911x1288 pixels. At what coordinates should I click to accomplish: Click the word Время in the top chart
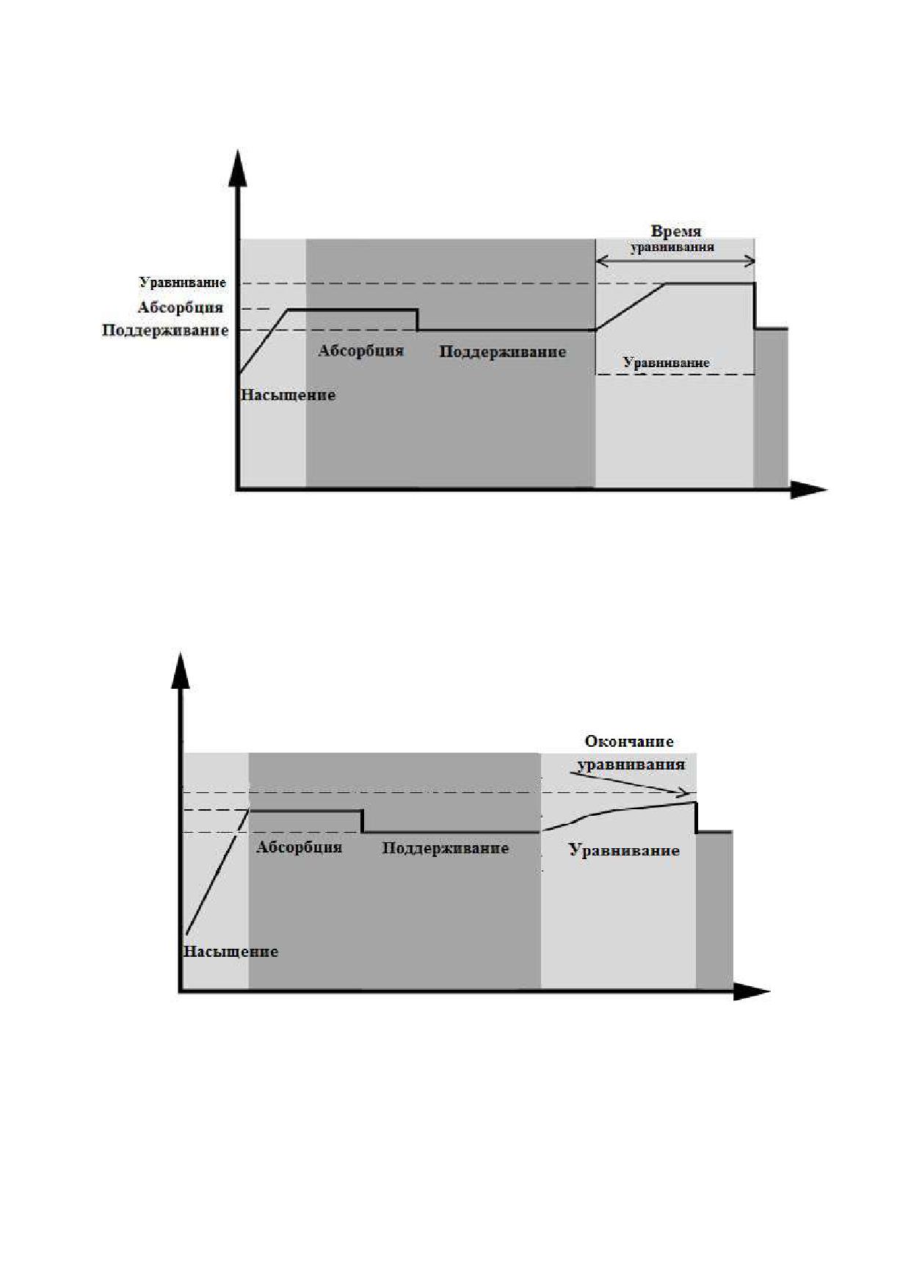pos(676,232)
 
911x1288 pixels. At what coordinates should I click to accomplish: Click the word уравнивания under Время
pos(672,247)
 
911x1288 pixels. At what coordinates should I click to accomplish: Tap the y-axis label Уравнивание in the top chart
pos(183,283)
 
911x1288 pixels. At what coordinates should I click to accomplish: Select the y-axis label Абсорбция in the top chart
pos(181,307)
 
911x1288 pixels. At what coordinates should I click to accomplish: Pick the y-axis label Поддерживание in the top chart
pos(165,330)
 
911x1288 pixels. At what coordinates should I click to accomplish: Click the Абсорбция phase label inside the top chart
pos(360,350)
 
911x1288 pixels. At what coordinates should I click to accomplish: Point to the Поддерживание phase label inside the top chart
pos(503,352)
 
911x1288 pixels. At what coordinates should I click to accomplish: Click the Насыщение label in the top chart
pos(288,395)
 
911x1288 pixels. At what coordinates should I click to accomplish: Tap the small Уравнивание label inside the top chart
pos(667,363)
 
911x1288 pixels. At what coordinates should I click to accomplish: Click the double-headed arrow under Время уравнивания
pos(675,261)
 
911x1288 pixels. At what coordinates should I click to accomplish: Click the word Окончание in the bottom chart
pos(629,742)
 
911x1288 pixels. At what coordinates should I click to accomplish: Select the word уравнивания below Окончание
pos(631,764)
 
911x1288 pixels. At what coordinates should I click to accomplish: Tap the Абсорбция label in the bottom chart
pos(299,847)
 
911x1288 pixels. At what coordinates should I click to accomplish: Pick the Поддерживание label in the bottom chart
pos(446,848)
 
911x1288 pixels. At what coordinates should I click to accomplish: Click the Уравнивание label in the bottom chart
pos(624,851)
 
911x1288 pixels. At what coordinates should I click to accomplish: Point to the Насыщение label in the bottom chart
pos(231,952)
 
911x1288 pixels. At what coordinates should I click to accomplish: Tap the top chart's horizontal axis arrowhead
pos(808,490)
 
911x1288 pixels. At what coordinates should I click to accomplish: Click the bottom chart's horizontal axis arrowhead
pos(752,992)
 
